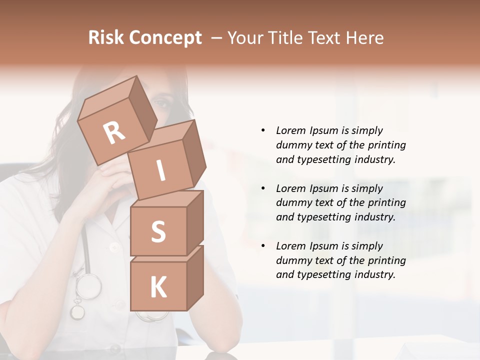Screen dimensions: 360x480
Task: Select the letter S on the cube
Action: click(158, 232)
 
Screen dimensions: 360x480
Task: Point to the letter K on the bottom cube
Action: click(158, 287)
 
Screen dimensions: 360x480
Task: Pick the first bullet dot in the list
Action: click(263, 130)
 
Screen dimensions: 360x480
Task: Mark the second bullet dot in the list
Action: click(263, 188)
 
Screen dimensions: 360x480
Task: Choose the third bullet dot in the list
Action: click(263, 246)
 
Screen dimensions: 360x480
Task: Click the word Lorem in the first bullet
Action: click(290, 130)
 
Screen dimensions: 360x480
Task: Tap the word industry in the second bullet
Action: click(373, 217)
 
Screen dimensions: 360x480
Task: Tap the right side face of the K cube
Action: click(195, 277)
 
